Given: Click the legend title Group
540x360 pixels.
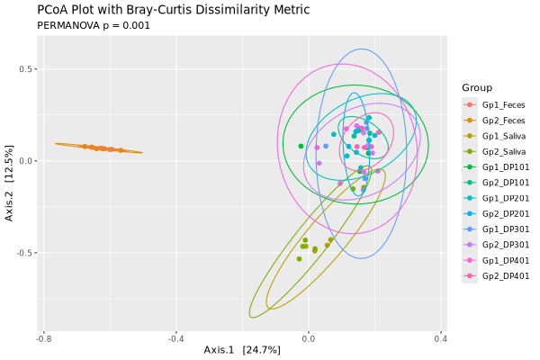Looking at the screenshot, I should click(476, 87).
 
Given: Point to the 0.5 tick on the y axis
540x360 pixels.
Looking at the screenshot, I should click(30, 69).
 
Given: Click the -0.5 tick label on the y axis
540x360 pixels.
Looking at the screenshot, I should click(28, 253).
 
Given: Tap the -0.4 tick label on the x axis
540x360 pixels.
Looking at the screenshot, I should click(176, 338).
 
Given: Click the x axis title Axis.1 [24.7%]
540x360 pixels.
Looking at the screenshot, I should click(242, 350).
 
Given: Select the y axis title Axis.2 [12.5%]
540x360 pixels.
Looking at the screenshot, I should click(10, 184).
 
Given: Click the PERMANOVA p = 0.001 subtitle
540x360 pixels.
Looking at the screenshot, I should click(94, 25).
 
